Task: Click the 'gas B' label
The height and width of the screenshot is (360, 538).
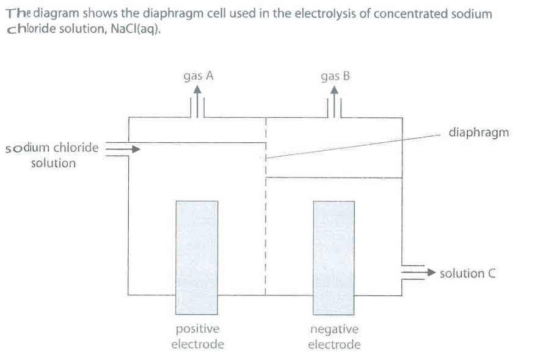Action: click(x=335, y=76)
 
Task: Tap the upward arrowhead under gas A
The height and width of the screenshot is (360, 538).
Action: click(x=197, y=89)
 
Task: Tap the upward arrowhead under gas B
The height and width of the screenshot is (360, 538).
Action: click(x=334, y=89)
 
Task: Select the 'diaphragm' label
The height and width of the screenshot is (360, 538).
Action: click(x=478, y=132)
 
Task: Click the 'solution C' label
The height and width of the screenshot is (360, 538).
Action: click(x=467, y=273)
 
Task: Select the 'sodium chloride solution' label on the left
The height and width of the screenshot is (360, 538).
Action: click(x=53, y=155)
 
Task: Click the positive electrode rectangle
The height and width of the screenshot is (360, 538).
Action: click(x=196, y=256)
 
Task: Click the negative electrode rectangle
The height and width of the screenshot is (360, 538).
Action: click(x=333, y=256)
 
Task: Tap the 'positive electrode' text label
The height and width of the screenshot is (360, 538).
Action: click(x=197, y=337)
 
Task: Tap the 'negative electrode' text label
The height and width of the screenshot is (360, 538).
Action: click(x=334, y=337)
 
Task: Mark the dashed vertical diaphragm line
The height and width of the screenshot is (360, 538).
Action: click(x=266, y=232)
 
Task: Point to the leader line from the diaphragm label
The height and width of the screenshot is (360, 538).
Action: click(x=354, y=145)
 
